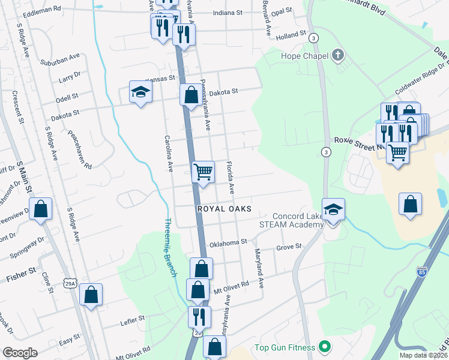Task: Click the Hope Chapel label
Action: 304,56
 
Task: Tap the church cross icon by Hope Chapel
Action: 338,56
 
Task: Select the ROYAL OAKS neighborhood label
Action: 224,209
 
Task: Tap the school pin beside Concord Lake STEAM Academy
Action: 333,211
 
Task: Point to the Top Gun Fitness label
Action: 285,347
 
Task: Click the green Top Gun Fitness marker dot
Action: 324,347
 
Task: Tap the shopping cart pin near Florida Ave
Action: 203,172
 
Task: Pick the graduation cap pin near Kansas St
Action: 140,92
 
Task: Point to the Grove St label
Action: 289,247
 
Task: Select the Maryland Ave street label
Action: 259,268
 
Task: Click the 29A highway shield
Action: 71,283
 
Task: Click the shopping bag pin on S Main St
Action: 41,210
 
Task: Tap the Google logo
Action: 20,353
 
